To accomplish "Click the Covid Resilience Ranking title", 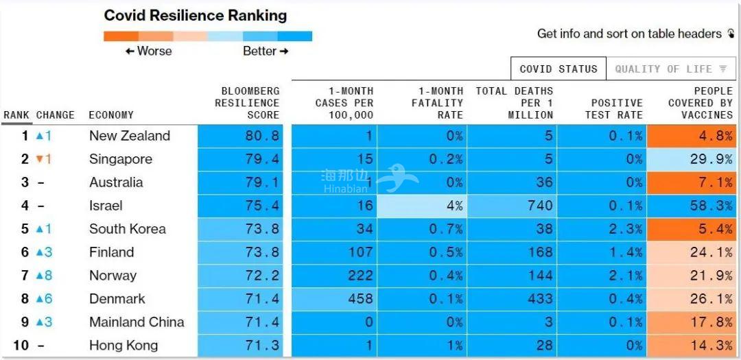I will pyautogui.click(x=196, y=16).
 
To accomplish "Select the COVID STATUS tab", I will pyautogui.click(x=558, y=69).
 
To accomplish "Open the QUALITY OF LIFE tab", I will pyautogui.click(x=670, y=69).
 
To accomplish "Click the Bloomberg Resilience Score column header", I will pyautogui.click(x=247, y=103).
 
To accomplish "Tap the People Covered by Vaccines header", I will pyautogui.click(x=700, y=103).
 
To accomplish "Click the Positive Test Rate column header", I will pyautogui.click(x=613, y=109).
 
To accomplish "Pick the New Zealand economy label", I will pyautogui.click(x=130, y=136).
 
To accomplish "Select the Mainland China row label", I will pyautogui.click(x=137, y=322).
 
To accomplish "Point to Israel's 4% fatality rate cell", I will pyautogui.click(x=422, y=206).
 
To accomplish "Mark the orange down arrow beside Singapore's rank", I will pyautogui.click(x=39, y=159).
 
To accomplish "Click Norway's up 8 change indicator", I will pyautogui.click(x=44, y=276).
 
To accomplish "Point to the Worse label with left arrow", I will pyautogui.click(x=148, y=51).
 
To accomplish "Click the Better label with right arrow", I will pyautogui.click(x=266, y=51).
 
